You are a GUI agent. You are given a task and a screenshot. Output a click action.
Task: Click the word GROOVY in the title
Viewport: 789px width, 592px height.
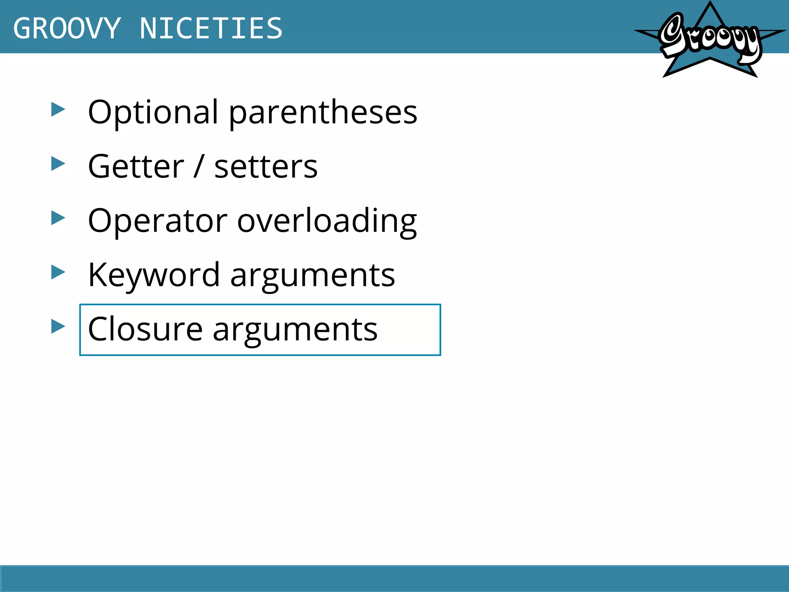coord(67,29)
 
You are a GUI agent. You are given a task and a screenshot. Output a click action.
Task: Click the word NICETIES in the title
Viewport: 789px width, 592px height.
coord(211,29)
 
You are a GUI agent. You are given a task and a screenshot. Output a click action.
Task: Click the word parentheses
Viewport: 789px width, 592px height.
coord(323,113)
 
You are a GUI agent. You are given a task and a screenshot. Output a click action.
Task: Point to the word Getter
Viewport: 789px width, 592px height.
coord(136,166)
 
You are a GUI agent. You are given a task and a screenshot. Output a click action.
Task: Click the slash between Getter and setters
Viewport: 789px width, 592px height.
coord(199,166)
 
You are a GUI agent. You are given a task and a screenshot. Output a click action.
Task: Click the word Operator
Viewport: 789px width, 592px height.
coord(158,221)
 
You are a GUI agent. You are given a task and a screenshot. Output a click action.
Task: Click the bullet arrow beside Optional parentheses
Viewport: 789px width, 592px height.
coord(58,110)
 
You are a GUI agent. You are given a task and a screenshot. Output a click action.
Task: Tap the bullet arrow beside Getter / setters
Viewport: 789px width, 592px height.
coord(58,164)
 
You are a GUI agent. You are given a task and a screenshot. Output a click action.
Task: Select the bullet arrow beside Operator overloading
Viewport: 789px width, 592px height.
coord(58,218)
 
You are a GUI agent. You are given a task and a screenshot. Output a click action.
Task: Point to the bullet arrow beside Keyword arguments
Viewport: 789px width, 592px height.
coord(58,272)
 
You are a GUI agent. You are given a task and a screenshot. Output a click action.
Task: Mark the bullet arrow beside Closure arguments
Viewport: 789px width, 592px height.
coord(58,327)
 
